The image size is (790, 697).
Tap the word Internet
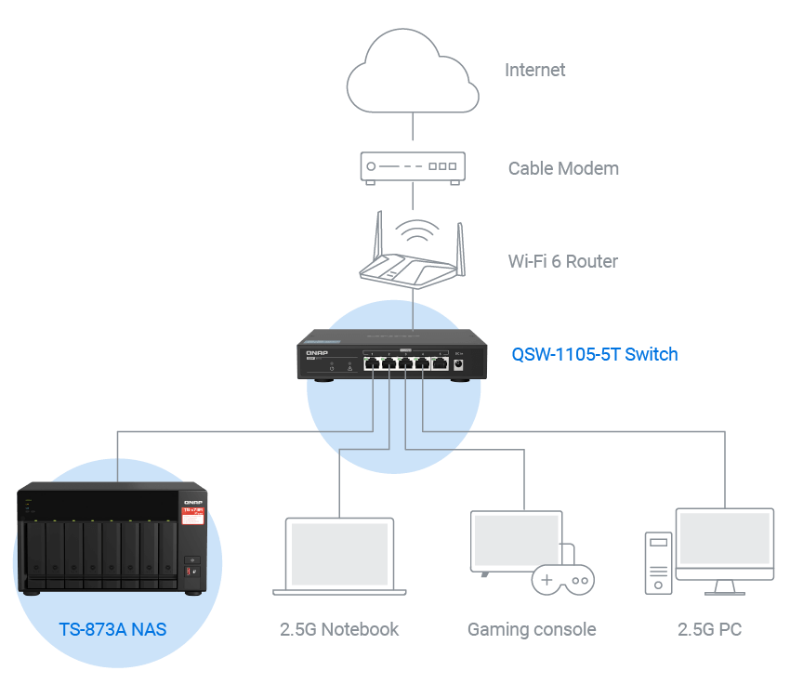tap(534, 70)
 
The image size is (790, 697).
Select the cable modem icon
tap(413, 167)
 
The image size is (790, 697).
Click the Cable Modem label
tap(563, 168)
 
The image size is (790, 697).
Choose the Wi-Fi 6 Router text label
tap(562, 261)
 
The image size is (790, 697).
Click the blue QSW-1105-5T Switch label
tap(595, 354)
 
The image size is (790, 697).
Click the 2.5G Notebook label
tap(339, 629)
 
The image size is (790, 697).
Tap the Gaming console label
tap(532, 629)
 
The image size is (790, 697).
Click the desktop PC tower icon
tap(658, 562)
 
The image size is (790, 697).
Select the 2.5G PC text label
tap(710, 629)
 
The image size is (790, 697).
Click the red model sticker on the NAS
tap(191, 513)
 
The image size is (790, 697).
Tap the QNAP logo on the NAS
tap(191, 497)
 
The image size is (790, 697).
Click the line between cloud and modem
tap(413, 131)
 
